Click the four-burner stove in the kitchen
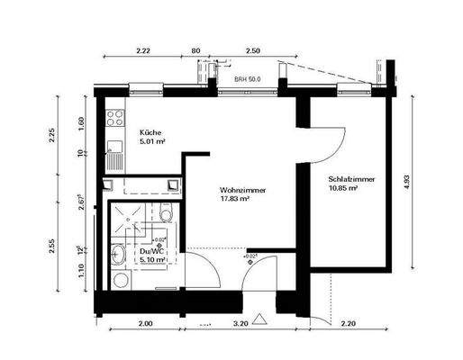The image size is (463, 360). tap(115, 117)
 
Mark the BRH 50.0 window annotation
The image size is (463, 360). tap(248, 79)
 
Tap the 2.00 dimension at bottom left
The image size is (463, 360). tap(143, 321)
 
